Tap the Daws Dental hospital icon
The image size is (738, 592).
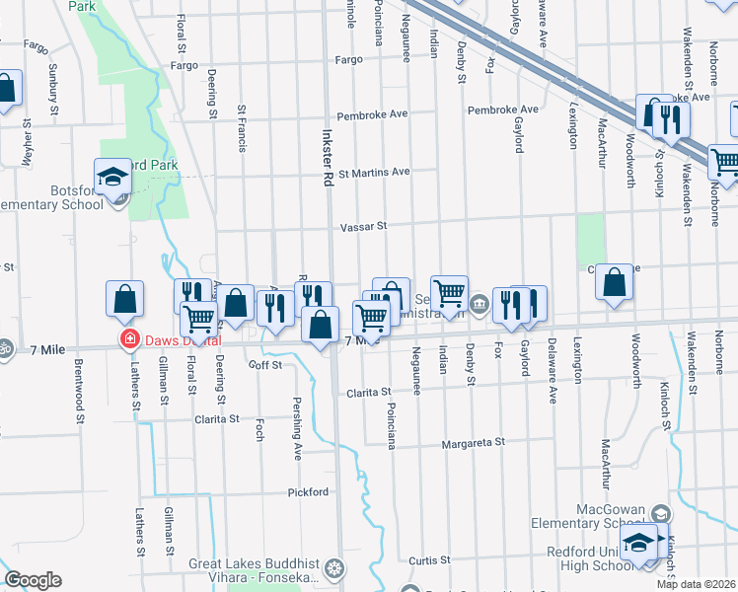coord(127,340)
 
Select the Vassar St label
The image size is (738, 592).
coord(363,226)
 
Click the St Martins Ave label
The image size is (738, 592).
coord(374,172)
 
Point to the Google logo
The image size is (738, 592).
coord(33,580)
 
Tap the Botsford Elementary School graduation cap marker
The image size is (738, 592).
coord(113,178)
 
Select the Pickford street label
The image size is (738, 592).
coord(307,491)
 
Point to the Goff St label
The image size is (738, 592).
coord(265,364)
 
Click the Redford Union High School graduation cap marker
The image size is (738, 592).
coord(640,544)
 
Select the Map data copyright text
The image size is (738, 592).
coord(696,584)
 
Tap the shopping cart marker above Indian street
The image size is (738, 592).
coord(449,293)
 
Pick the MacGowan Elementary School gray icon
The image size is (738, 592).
coord(660,514)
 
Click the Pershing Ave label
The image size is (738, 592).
coord(296,428)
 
